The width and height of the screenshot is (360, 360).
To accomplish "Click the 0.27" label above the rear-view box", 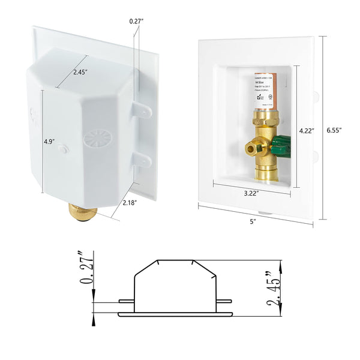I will pyautogui.click(x=137, y=21).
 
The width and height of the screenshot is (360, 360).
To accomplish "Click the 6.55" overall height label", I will pyautogui.click(x=340, y=130).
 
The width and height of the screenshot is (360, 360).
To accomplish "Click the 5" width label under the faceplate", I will pyautogui.click(x=253, y=223).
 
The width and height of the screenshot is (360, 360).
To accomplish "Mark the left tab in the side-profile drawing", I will pyautogui.click(x=125, y=301).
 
